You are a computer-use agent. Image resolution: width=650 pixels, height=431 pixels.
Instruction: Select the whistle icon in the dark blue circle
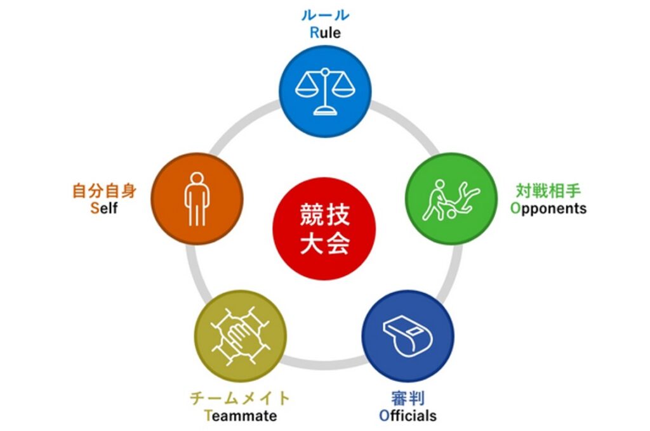[407, 335]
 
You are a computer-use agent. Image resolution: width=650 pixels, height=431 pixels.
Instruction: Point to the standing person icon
[197, 198]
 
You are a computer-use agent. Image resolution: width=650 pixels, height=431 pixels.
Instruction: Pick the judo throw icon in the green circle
[451, 199]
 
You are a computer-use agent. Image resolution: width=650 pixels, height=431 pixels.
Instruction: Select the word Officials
[408, 416]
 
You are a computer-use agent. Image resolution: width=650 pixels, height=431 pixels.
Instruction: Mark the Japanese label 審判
[408, 398]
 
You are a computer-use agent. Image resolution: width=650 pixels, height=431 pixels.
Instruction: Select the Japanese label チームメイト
[240, 398]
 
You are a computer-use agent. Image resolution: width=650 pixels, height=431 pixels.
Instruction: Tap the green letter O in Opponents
[515, 208]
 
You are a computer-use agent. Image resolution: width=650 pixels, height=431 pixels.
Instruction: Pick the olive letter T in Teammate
[207, 416]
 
